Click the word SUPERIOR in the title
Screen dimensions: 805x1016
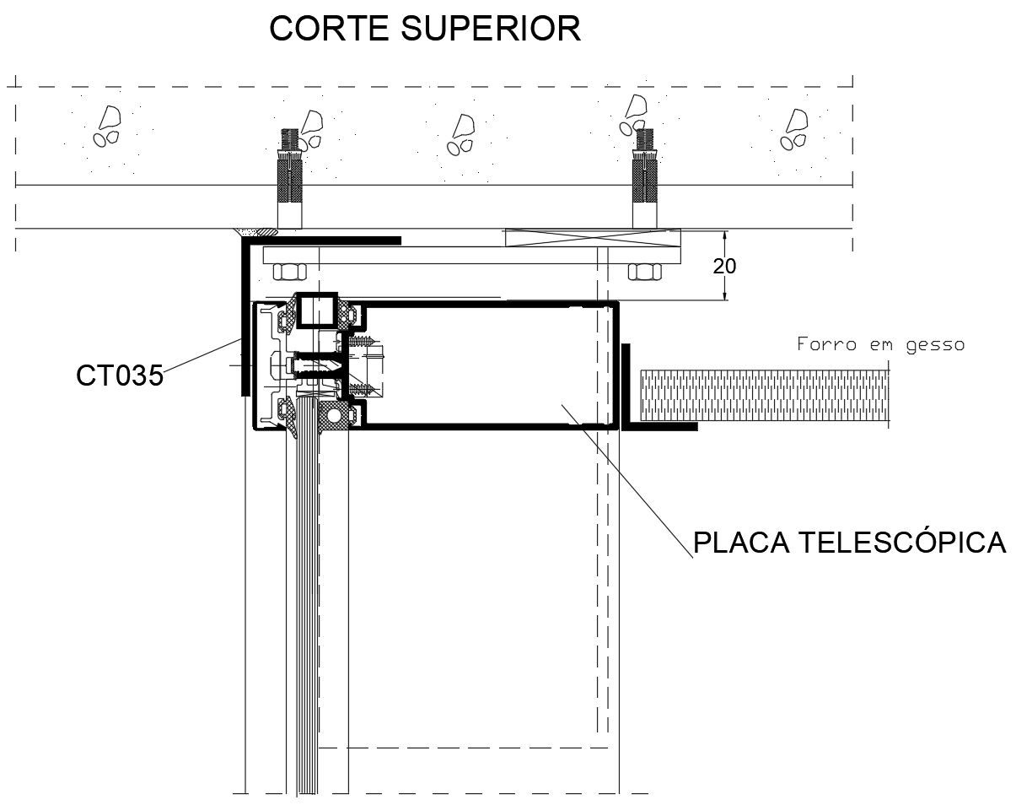[x=491, y=29]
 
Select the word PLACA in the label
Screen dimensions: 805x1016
[x=739, y=543]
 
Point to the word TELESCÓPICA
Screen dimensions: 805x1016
[x=902, y=543]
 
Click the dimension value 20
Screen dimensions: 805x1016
[x=724, y=267]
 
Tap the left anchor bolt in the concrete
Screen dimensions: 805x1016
[x=289, y=181]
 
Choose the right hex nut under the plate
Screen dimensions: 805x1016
[x=645, y=271]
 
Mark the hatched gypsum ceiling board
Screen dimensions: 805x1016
[x=763, y=394]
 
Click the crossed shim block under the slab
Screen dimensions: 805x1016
[x=591, y=237]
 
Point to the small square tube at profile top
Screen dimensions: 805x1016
[x=316, y=310]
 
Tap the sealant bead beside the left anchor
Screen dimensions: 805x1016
[x=255, y=230]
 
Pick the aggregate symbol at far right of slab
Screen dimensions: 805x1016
[x=792, y=128]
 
